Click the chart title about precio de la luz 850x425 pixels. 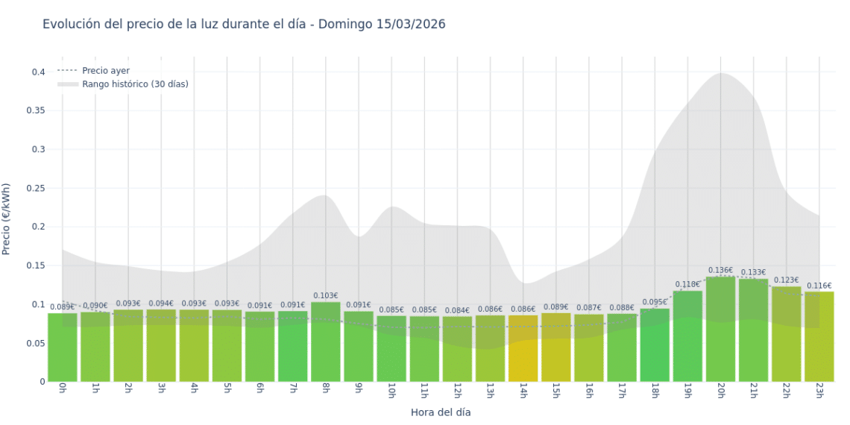[244, 25]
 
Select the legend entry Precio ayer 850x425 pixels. [105, 71]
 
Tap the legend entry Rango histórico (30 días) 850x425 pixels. [135, 84]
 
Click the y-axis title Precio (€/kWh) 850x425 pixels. [7, 219]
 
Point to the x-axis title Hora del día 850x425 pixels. [441, 412]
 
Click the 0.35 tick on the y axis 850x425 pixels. [37, 111]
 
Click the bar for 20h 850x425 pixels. [720, 329]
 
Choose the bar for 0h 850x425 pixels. [63, 347]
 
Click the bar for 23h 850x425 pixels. [819, 336]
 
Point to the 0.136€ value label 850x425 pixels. [720, 271]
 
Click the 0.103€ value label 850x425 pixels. [326, 296]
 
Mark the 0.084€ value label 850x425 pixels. [457, 310]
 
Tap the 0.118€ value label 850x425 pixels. [687, 284]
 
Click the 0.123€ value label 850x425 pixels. [786, 280]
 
